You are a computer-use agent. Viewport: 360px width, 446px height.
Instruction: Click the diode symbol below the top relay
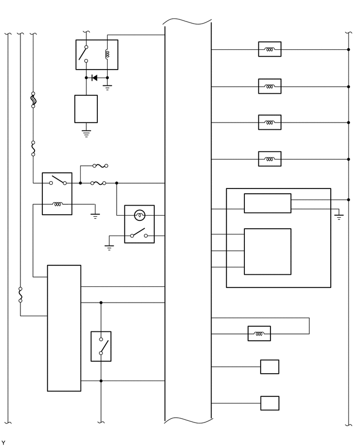94,78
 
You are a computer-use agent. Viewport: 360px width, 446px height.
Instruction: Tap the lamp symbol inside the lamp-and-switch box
139,215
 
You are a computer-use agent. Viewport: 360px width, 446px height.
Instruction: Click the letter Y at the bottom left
3,442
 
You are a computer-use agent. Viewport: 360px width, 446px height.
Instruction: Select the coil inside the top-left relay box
107,53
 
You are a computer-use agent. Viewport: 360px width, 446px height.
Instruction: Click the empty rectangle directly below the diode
86,109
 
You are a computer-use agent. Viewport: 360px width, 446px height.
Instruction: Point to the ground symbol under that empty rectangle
86,133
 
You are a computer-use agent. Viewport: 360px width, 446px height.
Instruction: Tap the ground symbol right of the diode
107,87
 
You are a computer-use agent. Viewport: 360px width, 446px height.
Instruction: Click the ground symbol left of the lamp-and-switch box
109,247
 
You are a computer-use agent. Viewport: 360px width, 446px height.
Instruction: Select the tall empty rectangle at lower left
64,328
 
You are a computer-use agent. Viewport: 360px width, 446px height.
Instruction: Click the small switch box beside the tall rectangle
101,346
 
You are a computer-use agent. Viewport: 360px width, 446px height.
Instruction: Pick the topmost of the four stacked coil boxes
269,50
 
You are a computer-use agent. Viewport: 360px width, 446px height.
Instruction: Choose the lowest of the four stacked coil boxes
269,159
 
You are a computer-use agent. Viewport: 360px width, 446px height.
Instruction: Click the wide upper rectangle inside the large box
267,203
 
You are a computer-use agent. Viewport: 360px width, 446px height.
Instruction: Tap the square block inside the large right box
267,251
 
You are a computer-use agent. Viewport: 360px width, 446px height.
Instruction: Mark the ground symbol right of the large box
339,216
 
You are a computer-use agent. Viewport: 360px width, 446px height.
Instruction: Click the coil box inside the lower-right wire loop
259,333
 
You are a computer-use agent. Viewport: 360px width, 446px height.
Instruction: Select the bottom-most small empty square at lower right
269,403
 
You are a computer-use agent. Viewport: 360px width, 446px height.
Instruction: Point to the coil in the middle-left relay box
57,205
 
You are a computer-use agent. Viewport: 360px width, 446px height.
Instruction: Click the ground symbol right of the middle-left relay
95,215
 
